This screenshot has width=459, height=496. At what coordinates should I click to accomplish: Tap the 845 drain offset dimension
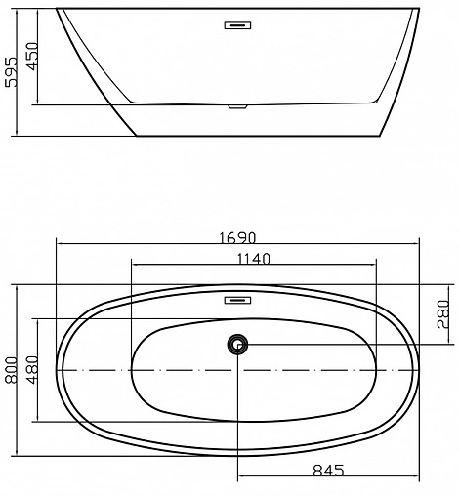328,471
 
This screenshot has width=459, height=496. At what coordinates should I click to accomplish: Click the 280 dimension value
442,313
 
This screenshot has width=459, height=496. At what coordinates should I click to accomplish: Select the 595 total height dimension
11,70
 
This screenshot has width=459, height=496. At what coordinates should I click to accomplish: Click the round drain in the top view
237,344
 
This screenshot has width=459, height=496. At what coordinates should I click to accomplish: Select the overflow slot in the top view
237,300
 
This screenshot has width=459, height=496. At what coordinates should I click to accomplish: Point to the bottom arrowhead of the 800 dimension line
18,453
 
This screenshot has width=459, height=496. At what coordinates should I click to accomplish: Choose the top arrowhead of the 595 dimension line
21,10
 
